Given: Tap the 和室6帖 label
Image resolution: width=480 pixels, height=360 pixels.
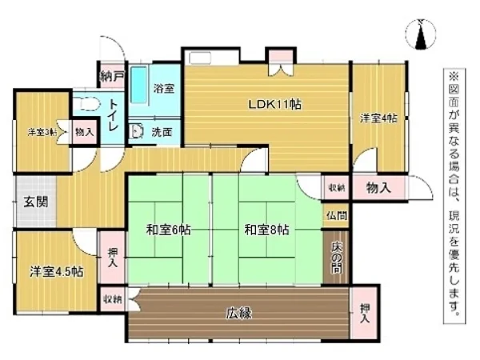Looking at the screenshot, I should tap(167, 230).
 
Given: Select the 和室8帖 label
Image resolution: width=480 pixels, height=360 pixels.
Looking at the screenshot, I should tap(267, 230).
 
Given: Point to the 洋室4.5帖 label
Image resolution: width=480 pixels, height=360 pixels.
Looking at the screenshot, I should tap(57, 270).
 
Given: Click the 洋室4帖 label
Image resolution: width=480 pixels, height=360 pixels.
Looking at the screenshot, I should tap(378, 118).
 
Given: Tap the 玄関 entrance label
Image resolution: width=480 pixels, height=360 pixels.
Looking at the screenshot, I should tap(34, 201).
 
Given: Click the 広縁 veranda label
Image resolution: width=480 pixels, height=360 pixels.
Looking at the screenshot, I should tap(238, 313).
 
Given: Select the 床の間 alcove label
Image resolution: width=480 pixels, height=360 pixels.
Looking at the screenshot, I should tap(335, 258).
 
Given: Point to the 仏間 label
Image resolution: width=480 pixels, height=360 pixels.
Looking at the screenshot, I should tap(335, 215).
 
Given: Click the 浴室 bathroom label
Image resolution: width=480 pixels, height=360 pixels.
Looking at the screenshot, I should tap(164, 89).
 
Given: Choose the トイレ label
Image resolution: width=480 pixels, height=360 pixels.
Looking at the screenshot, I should tap(114, 116).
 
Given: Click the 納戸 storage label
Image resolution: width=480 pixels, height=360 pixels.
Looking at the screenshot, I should tap(113, 77).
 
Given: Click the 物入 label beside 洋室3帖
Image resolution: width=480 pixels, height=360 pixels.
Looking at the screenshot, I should tap(83, 132).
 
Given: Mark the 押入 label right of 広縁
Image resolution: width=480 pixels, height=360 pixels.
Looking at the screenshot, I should tap(365, 313).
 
